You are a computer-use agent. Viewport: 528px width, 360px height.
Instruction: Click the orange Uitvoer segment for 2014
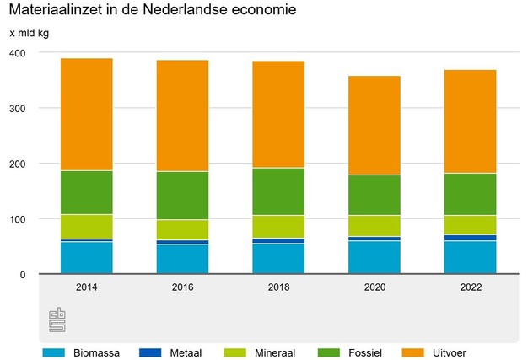click(86, 114)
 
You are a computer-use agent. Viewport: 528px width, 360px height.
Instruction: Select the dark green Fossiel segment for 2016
click(182, 196)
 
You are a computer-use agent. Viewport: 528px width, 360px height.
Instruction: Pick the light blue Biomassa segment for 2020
click(374, 257)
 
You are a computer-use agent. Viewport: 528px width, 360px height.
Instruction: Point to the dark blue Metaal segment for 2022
click(471, 238)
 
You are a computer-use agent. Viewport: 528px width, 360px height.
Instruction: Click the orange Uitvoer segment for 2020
click(374, 125)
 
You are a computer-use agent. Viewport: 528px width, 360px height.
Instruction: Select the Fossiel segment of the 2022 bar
click(471, 194)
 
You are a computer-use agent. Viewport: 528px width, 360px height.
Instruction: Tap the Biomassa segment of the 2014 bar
click(86, 258)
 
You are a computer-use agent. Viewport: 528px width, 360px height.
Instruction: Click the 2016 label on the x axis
click(182, 287)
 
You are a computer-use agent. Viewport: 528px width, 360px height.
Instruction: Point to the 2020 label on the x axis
click(374, 287)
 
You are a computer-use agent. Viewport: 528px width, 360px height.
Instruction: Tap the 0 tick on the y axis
click(24, 275)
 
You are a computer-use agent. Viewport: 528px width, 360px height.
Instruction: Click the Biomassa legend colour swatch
click(53, 352)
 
